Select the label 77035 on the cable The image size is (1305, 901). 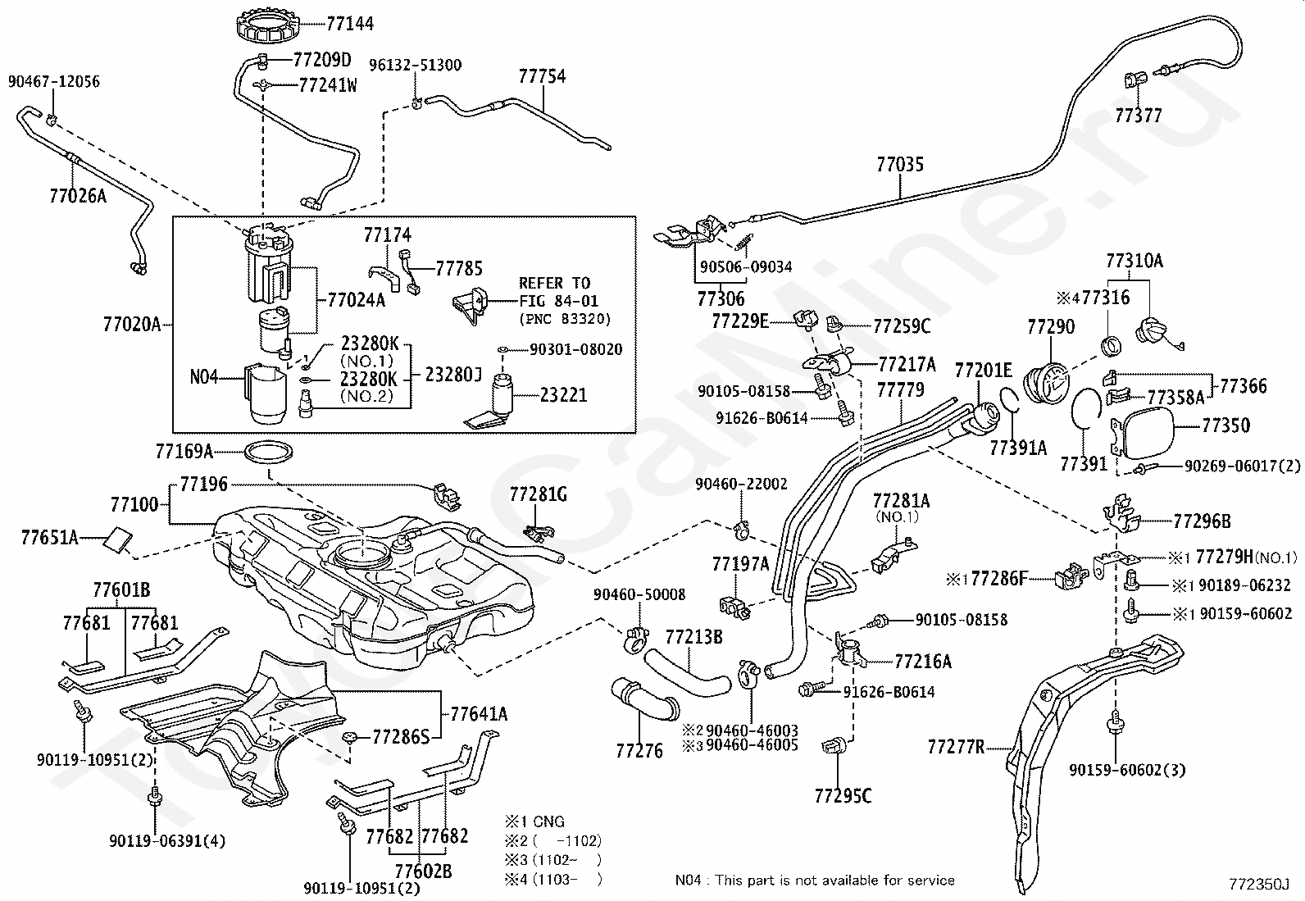(x=899, y=165)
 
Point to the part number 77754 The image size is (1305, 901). (x=542, y=76)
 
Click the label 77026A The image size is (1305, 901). (x=78, y=196)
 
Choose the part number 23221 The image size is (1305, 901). (x=563, y=394)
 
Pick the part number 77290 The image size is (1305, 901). (x=1051, y=327)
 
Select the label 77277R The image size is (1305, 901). (x=956, y=747)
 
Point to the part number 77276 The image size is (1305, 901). (x=639, y=750)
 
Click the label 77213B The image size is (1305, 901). (x=693, y=636)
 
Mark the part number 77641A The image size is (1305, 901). (x=479, y=714)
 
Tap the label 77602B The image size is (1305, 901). (x=423, y=871)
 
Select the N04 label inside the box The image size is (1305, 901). (x=203, y=378)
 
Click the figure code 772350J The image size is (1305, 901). (x=1258, y=885)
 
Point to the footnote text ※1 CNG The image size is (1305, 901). (x=534, y=821)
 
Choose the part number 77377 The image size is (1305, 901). (x=1138, y=116)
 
